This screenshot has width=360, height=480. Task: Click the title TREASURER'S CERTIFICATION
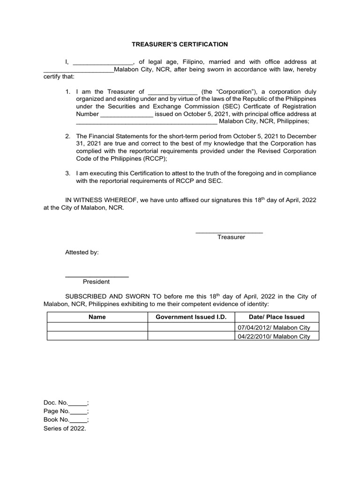[180, 44]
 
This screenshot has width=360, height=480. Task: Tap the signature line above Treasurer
[229, 232]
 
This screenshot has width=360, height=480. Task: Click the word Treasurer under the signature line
[231, 237]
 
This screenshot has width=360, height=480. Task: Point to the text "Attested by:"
[82, 252]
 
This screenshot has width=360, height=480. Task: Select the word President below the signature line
[96, 282]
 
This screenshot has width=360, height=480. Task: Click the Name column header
[97, 317]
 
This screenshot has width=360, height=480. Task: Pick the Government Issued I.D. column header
[191, 317]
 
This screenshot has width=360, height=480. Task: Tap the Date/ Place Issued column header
[277, 317]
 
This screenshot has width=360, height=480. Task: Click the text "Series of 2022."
[65, 428]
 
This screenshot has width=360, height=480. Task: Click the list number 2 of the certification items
[67, 136]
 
